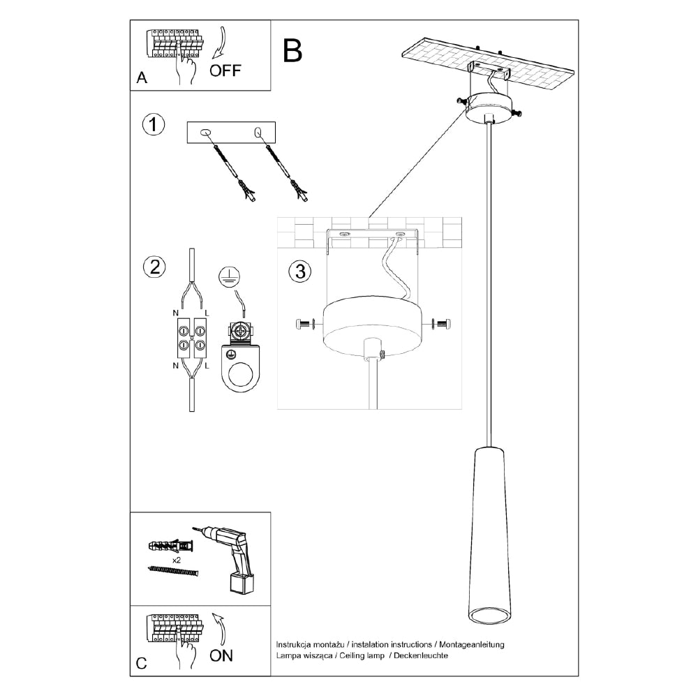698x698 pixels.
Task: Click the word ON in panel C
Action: pyautogui.click(x=221, y=655)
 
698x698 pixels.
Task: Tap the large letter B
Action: pyautogui.click(x=292, y=50)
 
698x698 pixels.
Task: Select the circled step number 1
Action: pyautogui.click(x=153, y=126)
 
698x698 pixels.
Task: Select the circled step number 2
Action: pyautogui.click(x=153, y=266)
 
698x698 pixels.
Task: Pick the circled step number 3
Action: pyautogui.click(x=299, y=272)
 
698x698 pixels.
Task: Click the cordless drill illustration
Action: pyautogui.click(x=230, y=558)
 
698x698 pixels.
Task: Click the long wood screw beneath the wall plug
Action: pyautogui.click(x=174, y=571)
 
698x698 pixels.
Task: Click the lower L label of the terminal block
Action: pyautogui.click(x=208, y=364)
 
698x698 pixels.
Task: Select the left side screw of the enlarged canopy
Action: pyautogui.click(x=304, y=324)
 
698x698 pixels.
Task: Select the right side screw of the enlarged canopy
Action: pyautogui.click(x=441, y=323)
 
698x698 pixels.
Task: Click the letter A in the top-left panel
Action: pyautogui.click(x=142, y=78)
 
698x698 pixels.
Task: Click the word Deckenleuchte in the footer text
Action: pyautogui.click(x=422, y=656)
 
